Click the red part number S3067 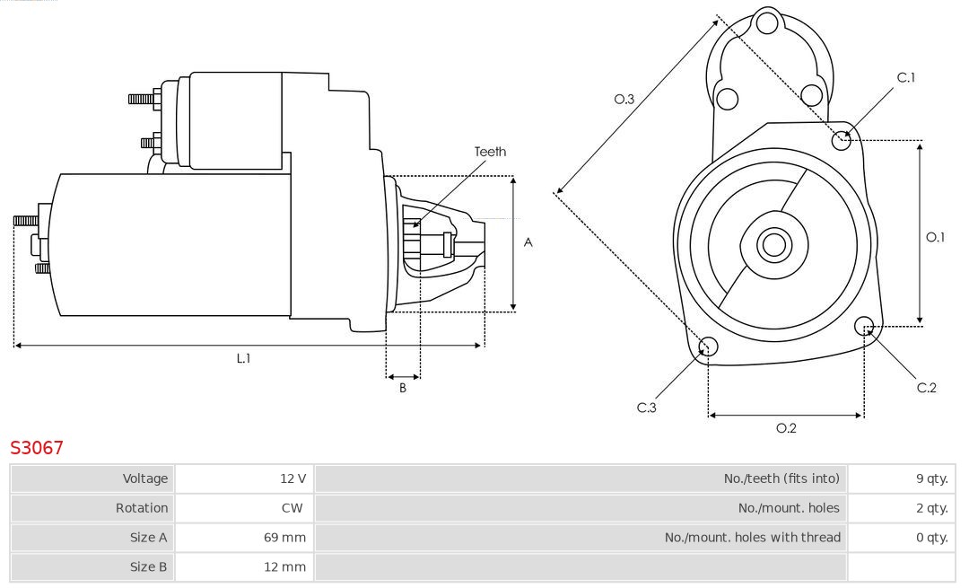point(37,447)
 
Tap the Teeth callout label point(490,152)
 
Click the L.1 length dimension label point(243,357)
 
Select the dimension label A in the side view point(528,242)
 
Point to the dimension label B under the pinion point(403,388)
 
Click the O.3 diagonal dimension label point(624,100)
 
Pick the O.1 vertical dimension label point(936,237)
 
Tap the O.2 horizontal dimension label point(786,428)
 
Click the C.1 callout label point(906,78)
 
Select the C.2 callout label point(927,388)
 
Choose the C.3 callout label point(647,408)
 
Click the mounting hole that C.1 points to point(842,139)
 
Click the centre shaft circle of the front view point(772,244)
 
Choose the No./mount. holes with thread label point(753,538)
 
